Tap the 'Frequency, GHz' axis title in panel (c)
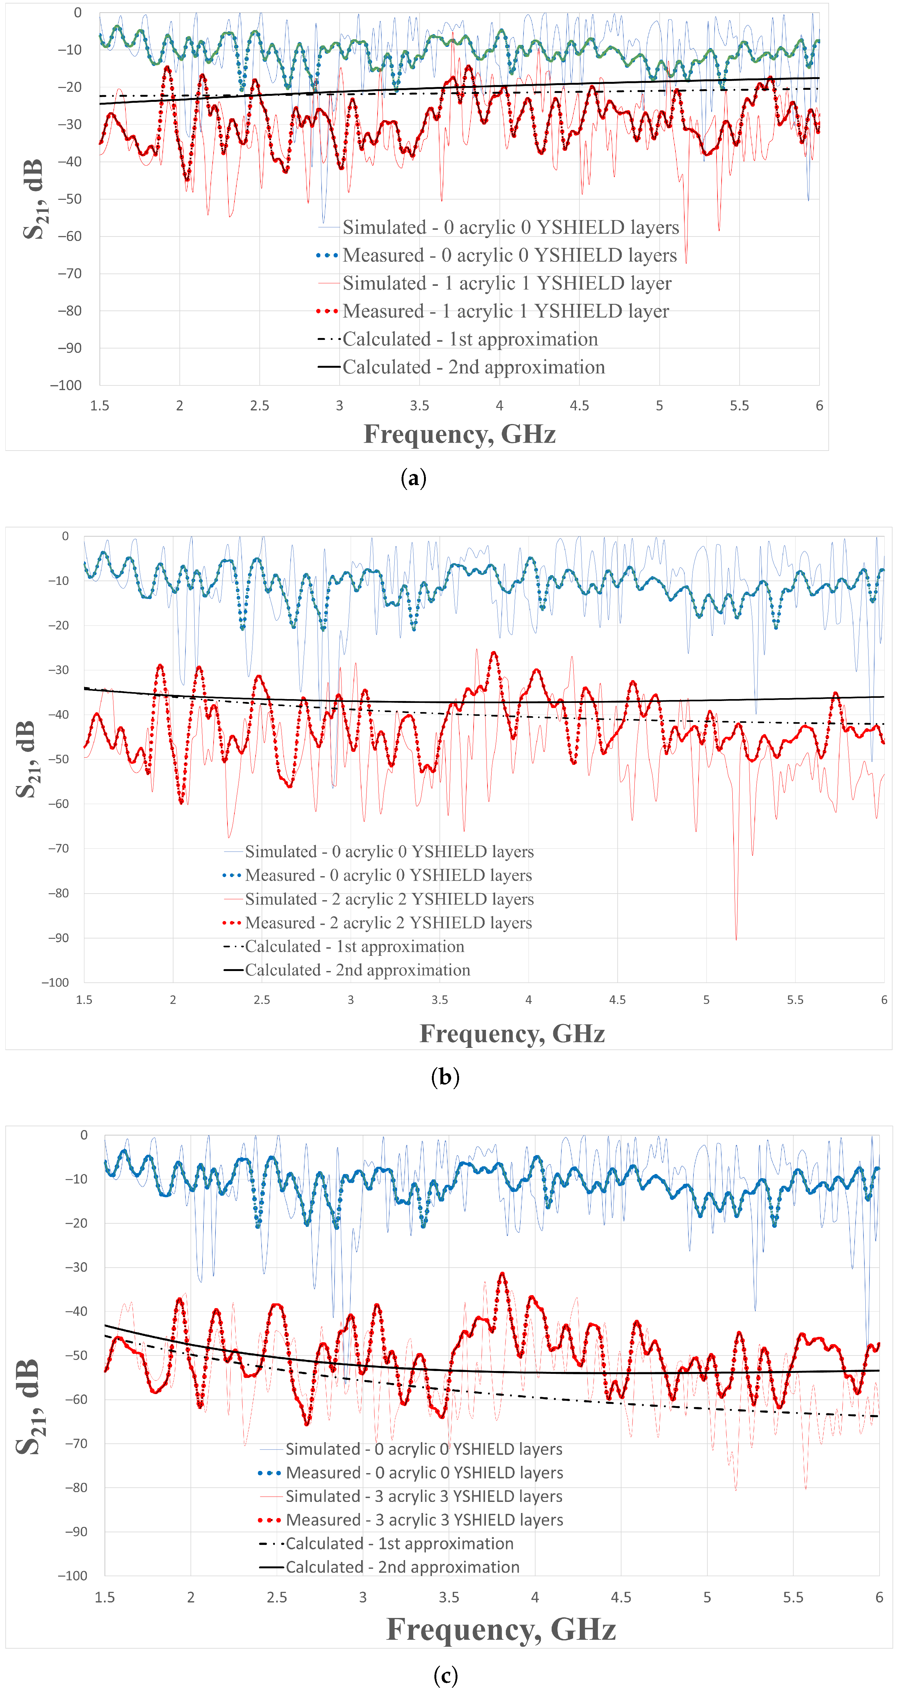click(x=500, y=1629)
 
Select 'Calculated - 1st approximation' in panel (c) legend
click(x=399, y=1544)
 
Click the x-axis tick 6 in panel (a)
click(x=819, y=406)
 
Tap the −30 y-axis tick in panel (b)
click(x=58, y=670)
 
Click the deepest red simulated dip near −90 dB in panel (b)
click(x=736, y=938)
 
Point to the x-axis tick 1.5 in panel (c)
click(x=105, y=1597)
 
